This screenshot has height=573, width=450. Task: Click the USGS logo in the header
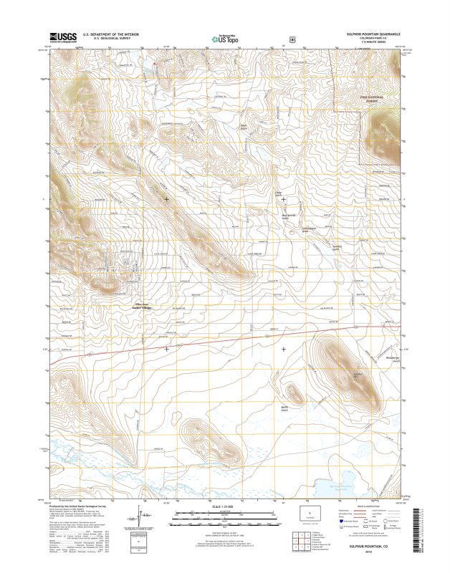(62, 37)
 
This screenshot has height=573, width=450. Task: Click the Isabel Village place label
(141, 307)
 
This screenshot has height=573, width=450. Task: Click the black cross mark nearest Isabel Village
(167, 349)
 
